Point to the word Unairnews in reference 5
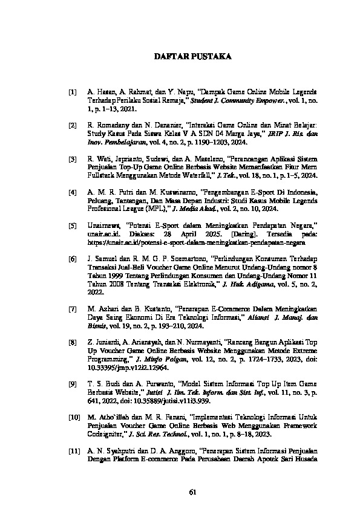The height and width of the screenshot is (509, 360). click(x=103, y=225)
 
